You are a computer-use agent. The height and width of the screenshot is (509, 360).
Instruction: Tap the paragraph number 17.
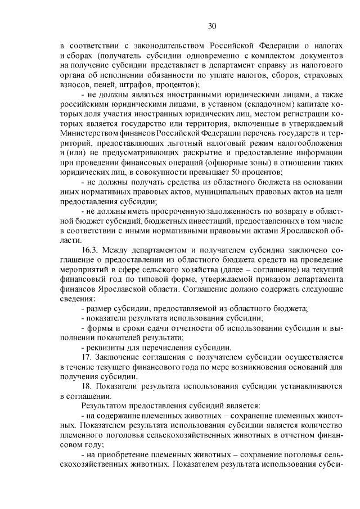coord(87,357)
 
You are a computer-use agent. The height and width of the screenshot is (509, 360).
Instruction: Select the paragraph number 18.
coord(87,386)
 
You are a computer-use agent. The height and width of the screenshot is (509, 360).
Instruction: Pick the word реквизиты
coord(104,347)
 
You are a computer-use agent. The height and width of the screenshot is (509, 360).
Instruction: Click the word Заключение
coord(119,357)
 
